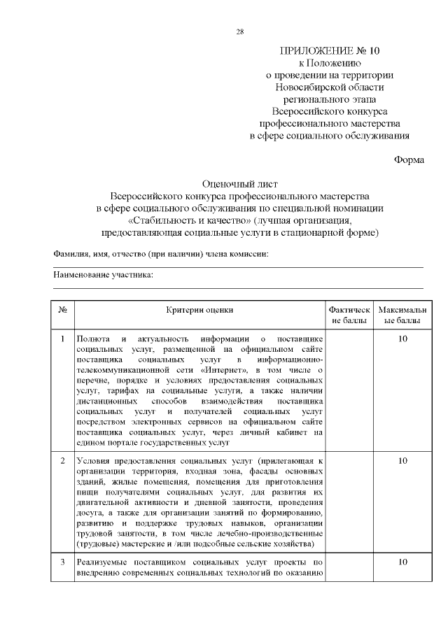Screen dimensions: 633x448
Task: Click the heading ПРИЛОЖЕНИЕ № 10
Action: pos(330,51)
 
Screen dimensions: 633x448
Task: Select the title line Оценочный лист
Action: pos(239,183)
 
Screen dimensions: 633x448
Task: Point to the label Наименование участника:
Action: pos(104,275)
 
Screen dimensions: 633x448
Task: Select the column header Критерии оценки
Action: pos(199,309)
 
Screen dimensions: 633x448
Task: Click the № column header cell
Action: pos(62,309)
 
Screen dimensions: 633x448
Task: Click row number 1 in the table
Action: pos(62,339)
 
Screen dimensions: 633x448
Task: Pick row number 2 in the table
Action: pos(62,461)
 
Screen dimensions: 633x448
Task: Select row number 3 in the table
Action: pos(62,562)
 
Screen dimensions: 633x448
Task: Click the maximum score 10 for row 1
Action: pos(402,339)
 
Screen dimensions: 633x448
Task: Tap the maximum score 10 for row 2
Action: pos(402,461)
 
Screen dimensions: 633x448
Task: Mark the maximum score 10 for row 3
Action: pos(402,562)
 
